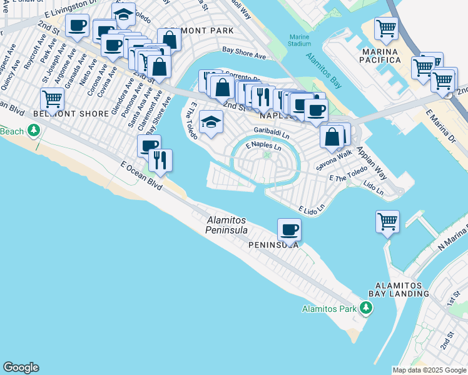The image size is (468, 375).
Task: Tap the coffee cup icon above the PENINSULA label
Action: (x=289, y=229)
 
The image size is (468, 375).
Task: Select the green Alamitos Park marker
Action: (x=366, y=308)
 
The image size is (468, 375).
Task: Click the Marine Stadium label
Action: (x=300, y=40)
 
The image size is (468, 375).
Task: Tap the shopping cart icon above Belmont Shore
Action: (x=53, y=99)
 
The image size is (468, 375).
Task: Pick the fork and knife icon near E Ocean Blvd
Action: (x=161, y=159)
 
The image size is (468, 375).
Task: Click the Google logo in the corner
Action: (x=21, y=367)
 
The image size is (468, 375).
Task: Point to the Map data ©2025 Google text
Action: (x=429, y=370)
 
